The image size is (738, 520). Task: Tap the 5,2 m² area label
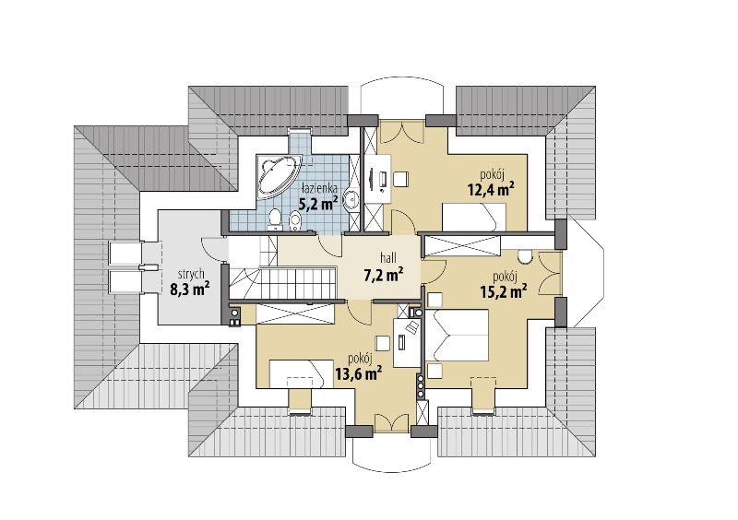pos(318,203)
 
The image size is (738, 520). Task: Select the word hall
pos(388,258)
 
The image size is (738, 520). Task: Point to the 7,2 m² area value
pos(384,274)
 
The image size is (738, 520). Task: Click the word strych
pos(191,274)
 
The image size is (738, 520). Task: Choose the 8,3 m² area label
pos(190,289)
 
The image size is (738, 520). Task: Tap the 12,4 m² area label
pos(491,189)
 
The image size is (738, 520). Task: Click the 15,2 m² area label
pos(503,290)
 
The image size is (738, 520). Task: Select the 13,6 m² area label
pos(358,373)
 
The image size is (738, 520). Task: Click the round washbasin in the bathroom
pos(351,199)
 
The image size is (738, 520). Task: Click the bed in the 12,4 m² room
pos(474,217)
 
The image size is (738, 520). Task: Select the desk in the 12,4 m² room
pos(379,179)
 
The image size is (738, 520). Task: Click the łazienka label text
pos(319,188)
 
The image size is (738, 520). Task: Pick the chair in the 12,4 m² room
pos(401,179)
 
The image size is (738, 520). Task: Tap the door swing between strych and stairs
pos(212,248)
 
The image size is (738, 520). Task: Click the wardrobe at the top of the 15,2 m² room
pos(462,246)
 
